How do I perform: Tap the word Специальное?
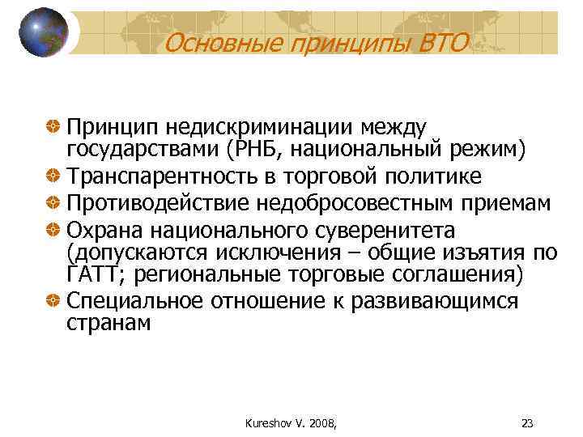[x=135, y=301]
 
